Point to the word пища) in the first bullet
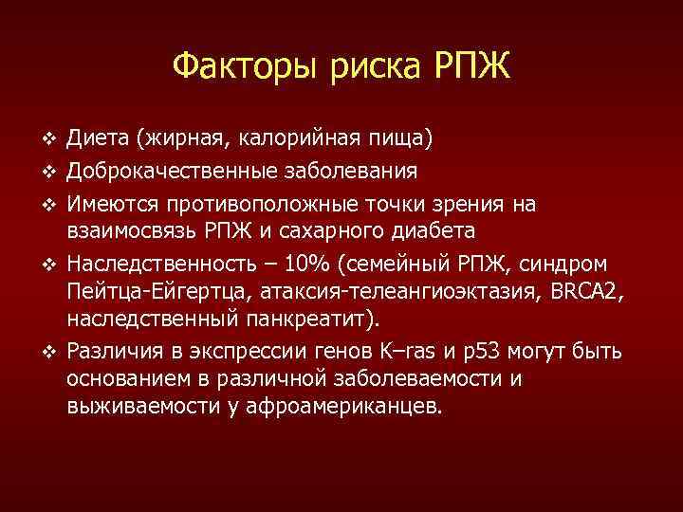pos(403,141)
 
